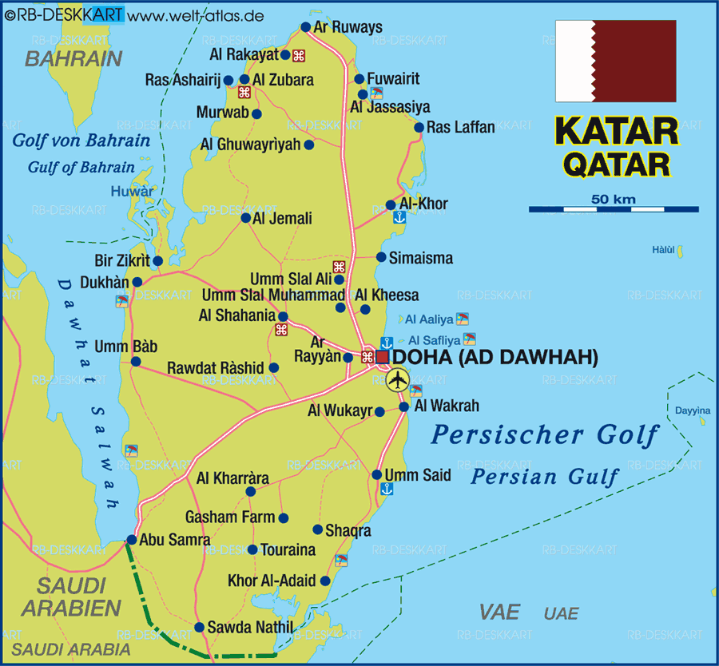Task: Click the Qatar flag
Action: pyautogui.click(x=616, y=61)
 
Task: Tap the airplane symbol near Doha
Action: pyautogui.click(x=397, y=380)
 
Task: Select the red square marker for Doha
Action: pyautogui.click(x=383, y=357)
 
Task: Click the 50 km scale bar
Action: pyautogui.click(x=614, y=209)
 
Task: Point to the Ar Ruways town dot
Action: pyautogui.click(x=305, y=27)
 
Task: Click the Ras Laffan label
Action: pyautogui.click(x=461, y=127)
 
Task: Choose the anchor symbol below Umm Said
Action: pyautogui.click(x=386, y=490)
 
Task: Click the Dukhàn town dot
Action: pyautogui.click(x=137, y=282)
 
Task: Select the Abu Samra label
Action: pyautogui.click(x=175, y=540)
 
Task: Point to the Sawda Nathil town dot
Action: pyautogui.click(x=199, y=627)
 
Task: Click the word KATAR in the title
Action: pyautogui.click(x=616, y=132)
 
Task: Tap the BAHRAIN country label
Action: pyautogui.click(x=73, y=58)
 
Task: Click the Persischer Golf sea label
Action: pyautogui.click(x=545, y=435)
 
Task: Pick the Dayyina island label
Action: pyautogui.click(x=692, y=410)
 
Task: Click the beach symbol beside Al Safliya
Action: pyautogui.click(x=470, y=339)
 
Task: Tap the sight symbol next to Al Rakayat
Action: pyautogui.click(x=298, y=55)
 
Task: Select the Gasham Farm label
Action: pyautogui.click(x=230, y=517)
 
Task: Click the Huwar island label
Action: pyautogui.click(x=132, y=192)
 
